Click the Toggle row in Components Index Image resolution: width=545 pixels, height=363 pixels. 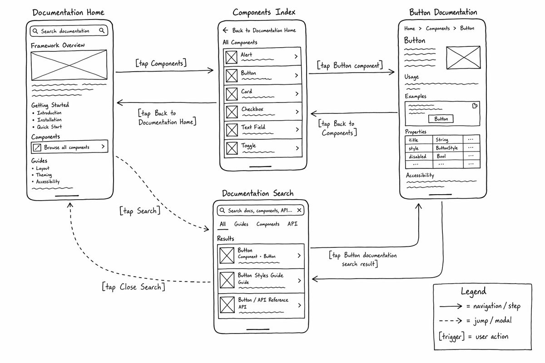[263, 148]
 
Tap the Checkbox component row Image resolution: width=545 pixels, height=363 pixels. [263, 112]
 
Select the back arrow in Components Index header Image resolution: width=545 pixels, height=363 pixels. [226, 30]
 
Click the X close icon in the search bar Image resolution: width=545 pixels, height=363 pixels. [299, 210]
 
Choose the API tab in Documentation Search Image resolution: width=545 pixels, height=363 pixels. [292, 224]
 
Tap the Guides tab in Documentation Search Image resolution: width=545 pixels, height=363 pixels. [241, 224]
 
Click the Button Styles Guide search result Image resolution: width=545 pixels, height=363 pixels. [261, 281]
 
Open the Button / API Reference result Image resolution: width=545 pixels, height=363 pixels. [261, 306]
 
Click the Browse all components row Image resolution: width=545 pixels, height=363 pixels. [69, 147]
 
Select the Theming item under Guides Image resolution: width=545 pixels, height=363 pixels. [44, 175]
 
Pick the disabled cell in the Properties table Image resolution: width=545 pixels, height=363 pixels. [417, 157]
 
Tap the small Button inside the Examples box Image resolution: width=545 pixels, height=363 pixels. [441, 119]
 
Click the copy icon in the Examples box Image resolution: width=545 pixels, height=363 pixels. [475, 106]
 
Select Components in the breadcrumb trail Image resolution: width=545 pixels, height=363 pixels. [438, 29]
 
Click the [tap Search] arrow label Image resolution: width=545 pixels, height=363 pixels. [140, 211]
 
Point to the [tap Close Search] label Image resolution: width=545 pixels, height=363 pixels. [134, 287]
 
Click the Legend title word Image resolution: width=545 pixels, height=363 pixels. [473, 291]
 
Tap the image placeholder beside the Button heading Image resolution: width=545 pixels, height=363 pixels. [463, 58]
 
